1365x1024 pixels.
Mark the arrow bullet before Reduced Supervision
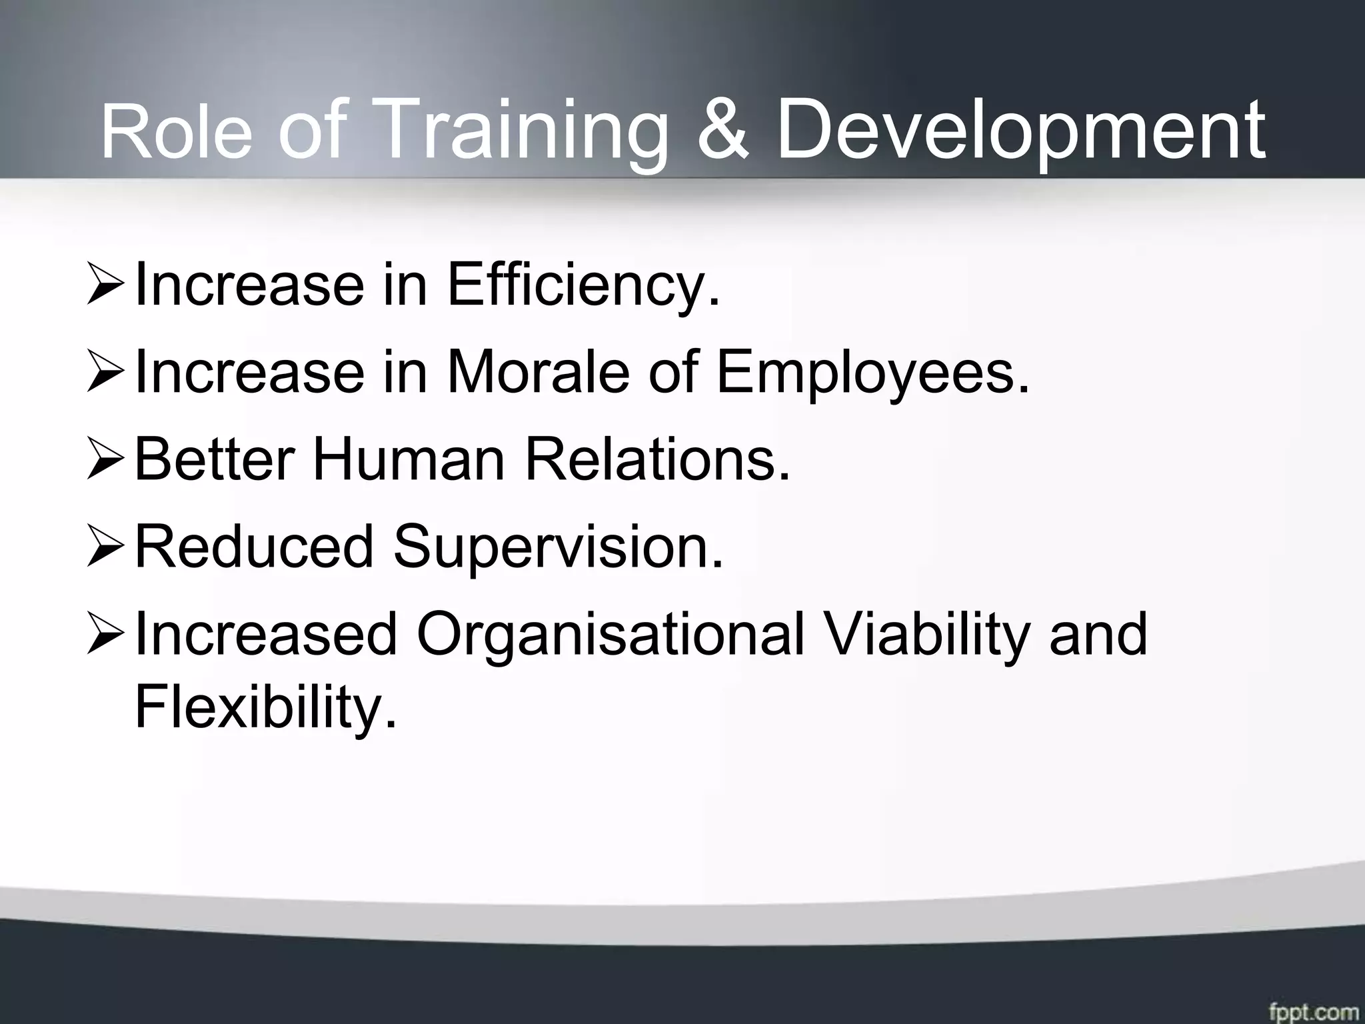point(105,549)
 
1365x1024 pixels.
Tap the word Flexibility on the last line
point(265,708)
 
